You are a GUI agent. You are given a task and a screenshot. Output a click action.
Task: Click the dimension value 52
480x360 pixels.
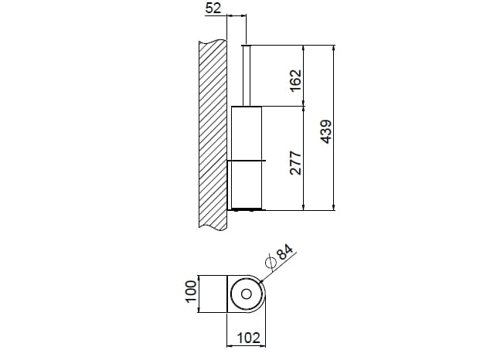pos(214,8)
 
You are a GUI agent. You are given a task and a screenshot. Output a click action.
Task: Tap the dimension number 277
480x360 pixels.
pos(294,163)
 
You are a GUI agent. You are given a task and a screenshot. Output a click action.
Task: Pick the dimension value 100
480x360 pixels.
pos(189,294)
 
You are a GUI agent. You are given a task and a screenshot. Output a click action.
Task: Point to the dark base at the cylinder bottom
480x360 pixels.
pos(248,209)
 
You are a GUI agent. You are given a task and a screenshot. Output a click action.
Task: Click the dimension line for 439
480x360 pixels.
pos(333,178)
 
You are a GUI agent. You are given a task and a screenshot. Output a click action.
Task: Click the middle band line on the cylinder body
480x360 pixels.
pos(248,159)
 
